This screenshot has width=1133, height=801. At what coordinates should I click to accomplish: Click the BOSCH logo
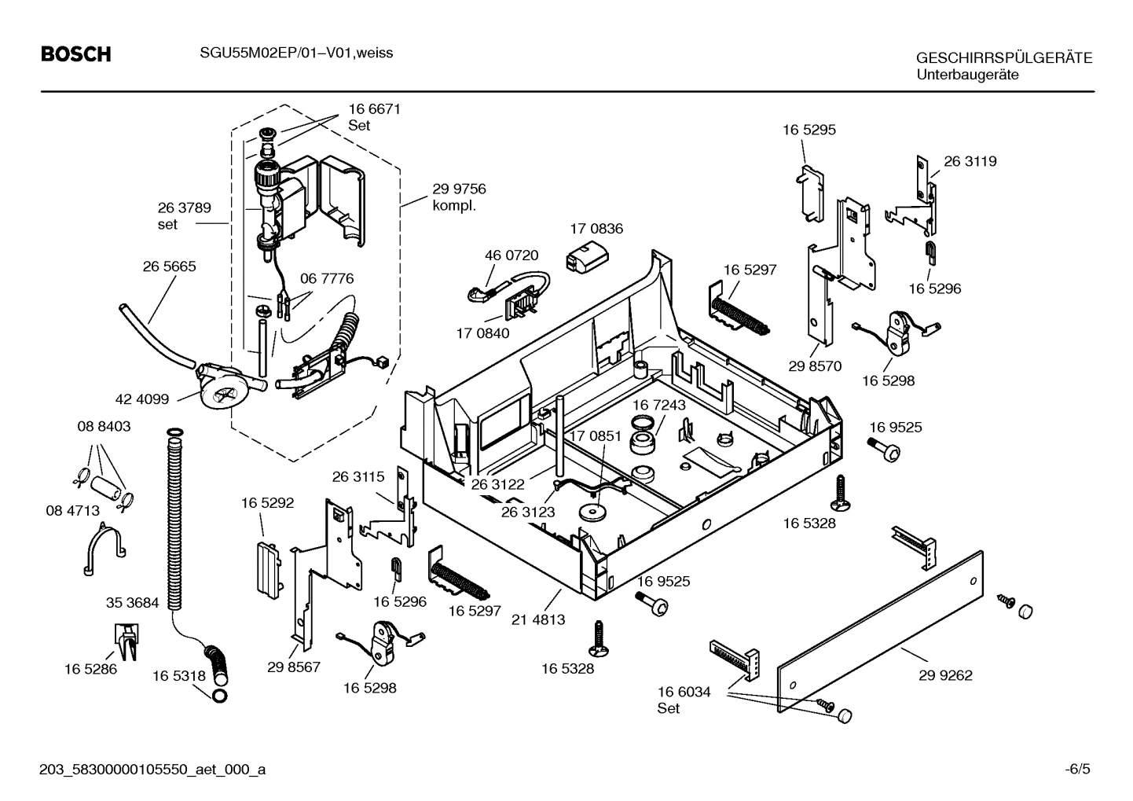click(x=75, y=54)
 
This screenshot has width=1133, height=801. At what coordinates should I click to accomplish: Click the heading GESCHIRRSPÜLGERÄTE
click(x=1003, y=58)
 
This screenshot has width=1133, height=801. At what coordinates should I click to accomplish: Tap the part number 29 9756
click(x=459, y=189)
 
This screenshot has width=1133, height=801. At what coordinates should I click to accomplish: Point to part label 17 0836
click(x=596, y=229)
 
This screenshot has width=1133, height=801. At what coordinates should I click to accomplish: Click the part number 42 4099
click(x=142, y=399)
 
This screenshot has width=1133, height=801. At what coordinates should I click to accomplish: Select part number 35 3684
click(x=132, y=603)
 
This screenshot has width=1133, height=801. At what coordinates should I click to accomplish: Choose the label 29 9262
click(x=945, y=675)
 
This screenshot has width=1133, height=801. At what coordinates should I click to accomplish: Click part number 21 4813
click(x=538, y=619)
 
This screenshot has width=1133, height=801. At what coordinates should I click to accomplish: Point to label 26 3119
click(x=970, y=161)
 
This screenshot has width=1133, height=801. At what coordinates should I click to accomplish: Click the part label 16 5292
click(x=267, y=503)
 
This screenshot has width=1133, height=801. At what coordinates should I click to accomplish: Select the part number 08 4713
click(x=72, y=510)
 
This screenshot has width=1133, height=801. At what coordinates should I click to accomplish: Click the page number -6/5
click(x=1077, y=769)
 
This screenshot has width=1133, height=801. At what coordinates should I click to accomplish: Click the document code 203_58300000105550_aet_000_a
click(x=152, y=769)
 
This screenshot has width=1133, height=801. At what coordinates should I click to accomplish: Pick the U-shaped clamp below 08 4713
click(x=104, y=549)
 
